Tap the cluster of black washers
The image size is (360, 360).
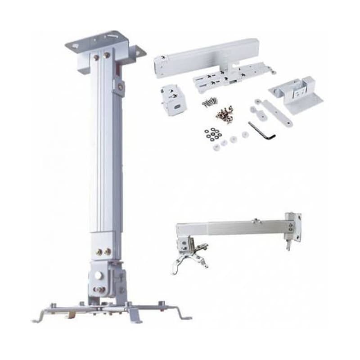[212, 134]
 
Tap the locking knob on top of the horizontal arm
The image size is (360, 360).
[256, 220]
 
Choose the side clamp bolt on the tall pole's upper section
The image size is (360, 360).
[120, 86]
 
